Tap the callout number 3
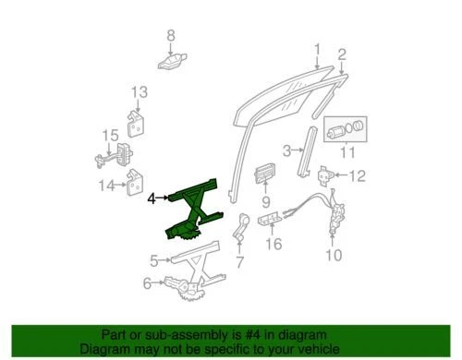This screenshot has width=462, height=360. click(x=286, y=150)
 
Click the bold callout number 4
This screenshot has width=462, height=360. click(x=152, y=196)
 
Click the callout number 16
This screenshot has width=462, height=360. click(x=273, y=245)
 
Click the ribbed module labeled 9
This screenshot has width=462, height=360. click(x=264, y=174)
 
